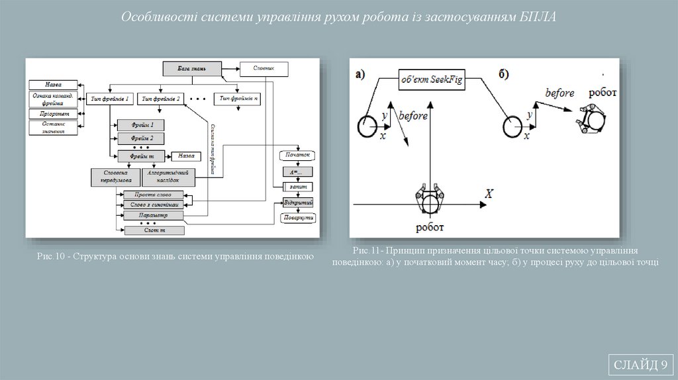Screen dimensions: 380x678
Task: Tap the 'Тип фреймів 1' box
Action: (x=110, y=99)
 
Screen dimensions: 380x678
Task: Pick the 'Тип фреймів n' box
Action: (x=239, y=99)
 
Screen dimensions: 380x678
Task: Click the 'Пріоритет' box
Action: (x=54, y=114)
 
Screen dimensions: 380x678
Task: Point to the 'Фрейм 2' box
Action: (x=141, y=138)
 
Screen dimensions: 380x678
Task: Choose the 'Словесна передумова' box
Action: (x=115, y=177)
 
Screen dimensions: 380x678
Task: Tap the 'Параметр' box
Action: (x=154, y=216)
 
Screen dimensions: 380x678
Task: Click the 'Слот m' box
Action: (x=154, y=230)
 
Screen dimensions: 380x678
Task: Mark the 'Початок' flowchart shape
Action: (x=297, y=156)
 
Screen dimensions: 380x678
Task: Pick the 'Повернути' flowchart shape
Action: (x=297, y=217)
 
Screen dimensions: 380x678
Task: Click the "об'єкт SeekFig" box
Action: (x=431, y=79)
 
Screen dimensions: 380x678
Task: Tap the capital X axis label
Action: (x=489, y=194)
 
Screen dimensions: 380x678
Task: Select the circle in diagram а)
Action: (x=367, y=125)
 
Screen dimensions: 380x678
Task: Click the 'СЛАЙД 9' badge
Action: (x=640, y=365)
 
